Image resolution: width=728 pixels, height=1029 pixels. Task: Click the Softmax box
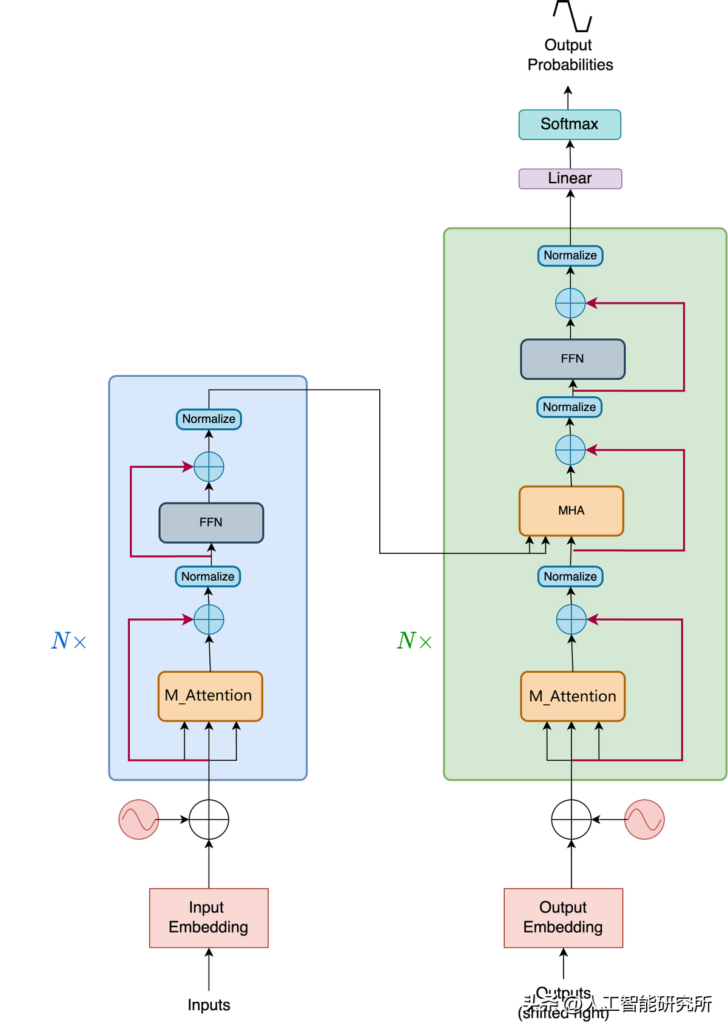pyautogui.click(x=570, y=124)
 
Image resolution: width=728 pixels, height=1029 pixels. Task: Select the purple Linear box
pyautogui.click(x=570, y=178)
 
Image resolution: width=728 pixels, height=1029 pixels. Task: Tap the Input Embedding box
pyautogui.click(x=209, y=917)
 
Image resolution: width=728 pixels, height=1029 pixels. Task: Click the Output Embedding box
pyautogui.click(x=563, y=917)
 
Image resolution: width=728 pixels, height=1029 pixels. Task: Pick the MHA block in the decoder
pyautogui.click(x=571, y=511)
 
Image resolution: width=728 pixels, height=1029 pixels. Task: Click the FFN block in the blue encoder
pyautogui.click(x=211, y=522)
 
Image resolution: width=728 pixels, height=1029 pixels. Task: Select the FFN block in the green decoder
pyautogui.click(x=573, y=359)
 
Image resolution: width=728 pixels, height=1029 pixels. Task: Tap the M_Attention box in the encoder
pyautogui.click(x=210, y=696)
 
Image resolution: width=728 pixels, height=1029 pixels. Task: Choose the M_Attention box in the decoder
pyautogui.click(x=573, y=697)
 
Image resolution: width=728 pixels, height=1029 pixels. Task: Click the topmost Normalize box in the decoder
pyautogui.click(x=570, y=255)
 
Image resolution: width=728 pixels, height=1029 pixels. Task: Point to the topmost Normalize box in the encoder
pyautogui.click(x=209, y=419)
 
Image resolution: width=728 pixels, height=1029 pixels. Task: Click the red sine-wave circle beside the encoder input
pyautogui.click(x=139, y=819)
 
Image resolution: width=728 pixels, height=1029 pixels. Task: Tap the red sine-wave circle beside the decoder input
pyautogui.click(x=644, y=819)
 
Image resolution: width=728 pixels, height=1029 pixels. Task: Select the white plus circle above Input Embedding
pyautogui.click(x=209, y=819)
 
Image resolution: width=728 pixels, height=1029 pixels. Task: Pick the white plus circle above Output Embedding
pyautogui.click(x=571, y=819)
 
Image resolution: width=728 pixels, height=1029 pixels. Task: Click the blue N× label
pyautogui.click(x=69, y=641)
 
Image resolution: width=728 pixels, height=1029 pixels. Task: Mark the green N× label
pyautogui.click(x=414, y=641)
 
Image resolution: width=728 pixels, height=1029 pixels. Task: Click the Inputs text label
pyautogui.click(x=209, y=1005)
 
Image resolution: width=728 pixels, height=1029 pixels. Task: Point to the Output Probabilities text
pyautogui.click(x=570, y=55)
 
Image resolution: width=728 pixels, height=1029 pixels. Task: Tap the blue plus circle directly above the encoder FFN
pyautogui.click(x=209, y=467)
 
